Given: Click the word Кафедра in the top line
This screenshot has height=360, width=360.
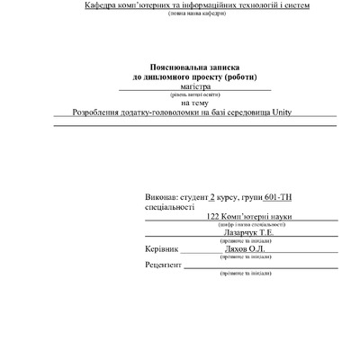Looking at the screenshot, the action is [x=103, y=7].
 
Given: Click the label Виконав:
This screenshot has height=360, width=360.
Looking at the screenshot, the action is [x=161, y=196].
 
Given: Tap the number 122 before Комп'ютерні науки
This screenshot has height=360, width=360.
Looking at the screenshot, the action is [x=213, y=216].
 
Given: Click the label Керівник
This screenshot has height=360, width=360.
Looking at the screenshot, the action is [x=162, y=248].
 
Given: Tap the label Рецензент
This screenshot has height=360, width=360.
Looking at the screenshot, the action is [x=163, y=265].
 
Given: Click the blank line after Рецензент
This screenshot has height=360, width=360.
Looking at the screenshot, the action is [x=261, y=266].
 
